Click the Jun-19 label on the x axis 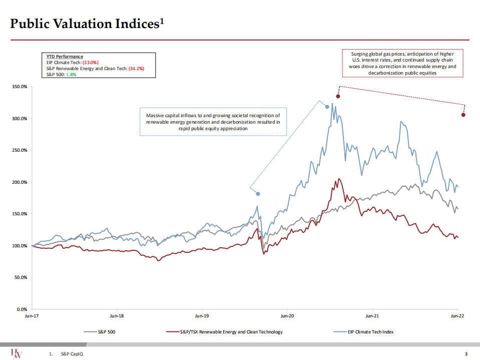click(202, 316)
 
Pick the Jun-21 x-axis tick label click(372, 316)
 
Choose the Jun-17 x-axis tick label click(32, 316)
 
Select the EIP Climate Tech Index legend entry click(371, 332)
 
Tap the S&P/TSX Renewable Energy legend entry click(231, 332)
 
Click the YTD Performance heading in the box click(62, 57)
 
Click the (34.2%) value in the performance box click(136, 68)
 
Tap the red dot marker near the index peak click(338, 96)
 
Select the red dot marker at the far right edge click(463, 115)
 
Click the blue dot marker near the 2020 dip click(258, 194)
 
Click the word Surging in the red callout click(360, 54)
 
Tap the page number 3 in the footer click(466, 354)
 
